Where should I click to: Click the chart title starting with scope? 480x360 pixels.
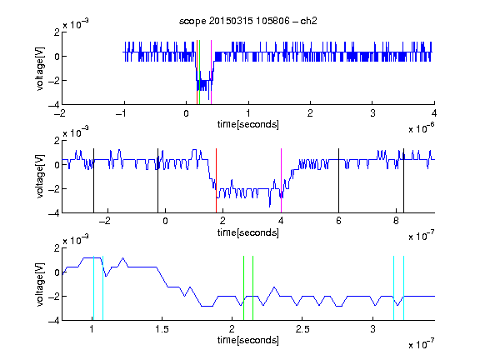(248, 21)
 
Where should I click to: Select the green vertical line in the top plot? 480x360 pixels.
(200, 72)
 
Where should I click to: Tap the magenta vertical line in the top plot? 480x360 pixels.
(211, 72)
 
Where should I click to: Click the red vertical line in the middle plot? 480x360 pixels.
(216, 181)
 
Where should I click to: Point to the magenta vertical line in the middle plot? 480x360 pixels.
(281, 181)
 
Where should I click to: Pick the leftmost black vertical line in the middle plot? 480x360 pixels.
(93, 181)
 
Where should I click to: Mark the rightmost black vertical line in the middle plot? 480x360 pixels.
(403, 181)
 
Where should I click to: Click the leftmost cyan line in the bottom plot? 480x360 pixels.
(93, 288)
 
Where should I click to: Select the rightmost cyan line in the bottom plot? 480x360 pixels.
(403, 288)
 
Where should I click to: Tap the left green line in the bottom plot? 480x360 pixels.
(243, 288)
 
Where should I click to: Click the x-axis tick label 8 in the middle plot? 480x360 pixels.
(396, 221)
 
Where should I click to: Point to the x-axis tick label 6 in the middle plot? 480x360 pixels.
(338, 221)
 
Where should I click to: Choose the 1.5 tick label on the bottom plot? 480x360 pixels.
(162, 329)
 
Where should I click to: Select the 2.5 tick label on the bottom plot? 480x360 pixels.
(302, 329)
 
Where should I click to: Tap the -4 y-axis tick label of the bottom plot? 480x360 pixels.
(54, 320)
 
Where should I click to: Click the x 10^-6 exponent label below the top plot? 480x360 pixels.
(422, 127)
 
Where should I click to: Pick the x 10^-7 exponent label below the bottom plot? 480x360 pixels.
(422, 344)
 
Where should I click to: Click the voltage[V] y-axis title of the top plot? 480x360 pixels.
(40, 68)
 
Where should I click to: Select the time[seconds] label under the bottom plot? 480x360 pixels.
(248, 340)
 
